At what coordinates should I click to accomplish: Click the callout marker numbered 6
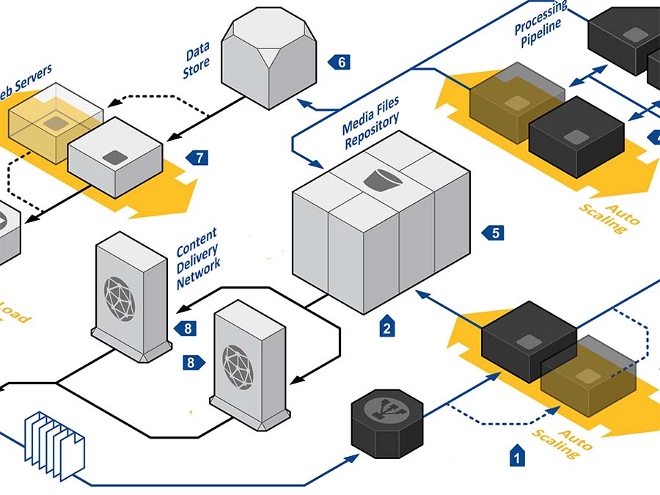tap(340, 62)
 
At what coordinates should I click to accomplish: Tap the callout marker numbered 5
tap(494, 233)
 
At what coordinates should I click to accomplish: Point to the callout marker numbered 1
tap(518, 456)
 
